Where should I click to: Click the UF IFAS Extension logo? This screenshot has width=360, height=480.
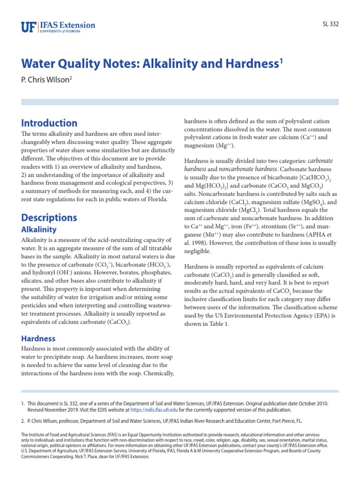tap(58, 27)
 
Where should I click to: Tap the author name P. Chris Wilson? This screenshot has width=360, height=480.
tap(45, 81)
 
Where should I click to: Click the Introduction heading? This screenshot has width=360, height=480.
tap(49, 123)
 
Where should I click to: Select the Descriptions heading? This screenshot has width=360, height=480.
tap(49, 217)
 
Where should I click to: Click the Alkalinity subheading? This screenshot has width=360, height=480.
tap(39, 229)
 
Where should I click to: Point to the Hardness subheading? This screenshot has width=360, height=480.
tap(38, 338)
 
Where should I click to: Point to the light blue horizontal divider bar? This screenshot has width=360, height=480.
tap(180, 102)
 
